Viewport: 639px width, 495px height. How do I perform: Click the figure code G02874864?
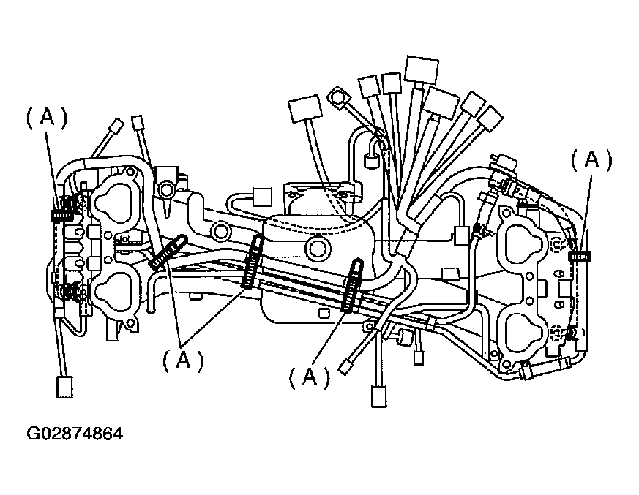pyautogui.click(x=75, y=434)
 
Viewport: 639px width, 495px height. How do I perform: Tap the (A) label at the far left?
pyautogui.click(x=46, y=118)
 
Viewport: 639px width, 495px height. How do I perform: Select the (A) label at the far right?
pyautogui.click(x=591, y=160)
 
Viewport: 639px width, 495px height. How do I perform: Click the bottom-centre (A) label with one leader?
pyautogui.click(x=310, y=377)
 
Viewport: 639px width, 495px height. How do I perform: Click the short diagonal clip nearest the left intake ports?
pyautogui.click(x=166, y=252)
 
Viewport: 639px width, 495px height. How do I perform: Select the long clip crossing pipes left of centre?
pyautogui.click(x=252, y=262)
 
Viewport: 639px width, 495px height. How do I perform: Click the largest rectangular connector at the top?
pyautogui.click(x=421, y=69)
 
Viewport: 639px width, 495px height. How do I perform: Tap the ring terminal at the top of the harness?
pyautogui.click(x=338, y=96)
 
